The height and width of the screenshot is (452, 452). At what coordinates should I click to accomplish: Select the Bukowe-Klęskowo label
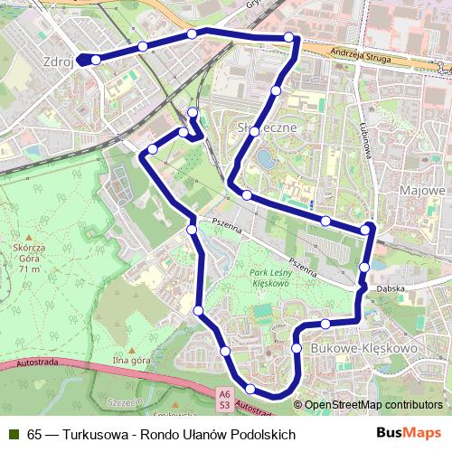(362, 347)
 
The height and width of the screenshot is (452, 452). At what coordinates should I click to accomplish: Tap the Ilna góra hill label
(130, 361)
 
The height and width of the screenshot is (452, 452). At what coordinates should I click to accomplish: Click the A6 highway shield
(224, 393)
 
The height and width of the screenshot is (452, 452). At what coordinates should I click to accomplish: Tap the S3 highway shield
(224, 404)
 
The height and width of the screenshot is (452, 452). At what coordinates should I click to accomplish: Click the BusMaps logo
(408, 433)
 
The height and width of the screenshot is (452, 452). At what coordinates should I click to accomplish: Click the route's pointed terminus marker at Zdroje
(79, 60)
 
